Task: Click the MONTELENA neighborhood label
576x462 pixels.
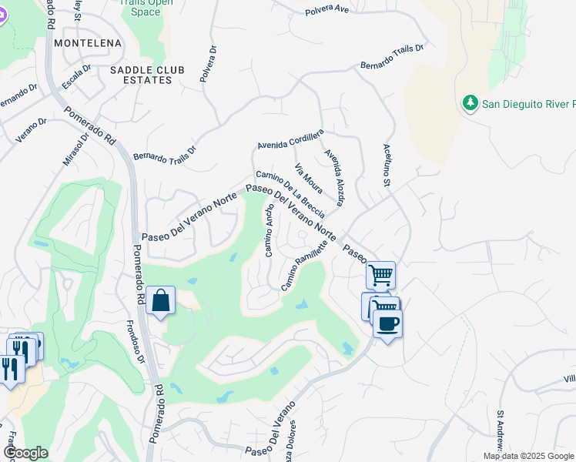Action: click(85, 44)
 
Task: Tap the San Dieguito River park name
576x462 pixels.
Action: click(528, 104)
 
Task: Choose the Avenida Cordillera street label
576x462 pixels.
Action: click(291, 142)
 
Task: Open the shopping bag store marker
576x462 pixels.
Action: click(160, 300)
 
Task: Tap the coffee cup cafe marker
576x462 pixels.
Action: click(387, 323)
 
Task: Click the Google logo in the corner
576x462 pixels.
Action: click(25, 453)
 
